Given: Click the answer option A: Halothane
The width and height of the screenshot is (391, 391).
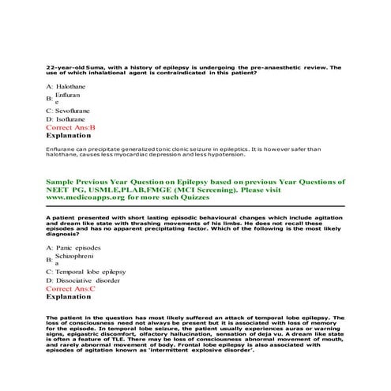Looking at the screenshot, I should coord(65,85).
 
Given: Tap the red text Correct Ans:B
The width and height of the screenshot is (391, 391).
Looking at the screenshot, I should coord(70,127).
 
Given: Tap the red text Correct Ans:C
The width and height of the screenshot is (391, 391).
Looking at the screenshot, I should coord(70,289).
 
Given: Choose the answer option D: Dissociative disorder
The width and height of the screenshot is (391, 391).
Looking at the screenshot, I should coord(83,280).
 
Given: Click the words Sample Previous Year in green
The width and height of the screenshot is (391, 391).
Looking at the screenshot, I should coord(86,182).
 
